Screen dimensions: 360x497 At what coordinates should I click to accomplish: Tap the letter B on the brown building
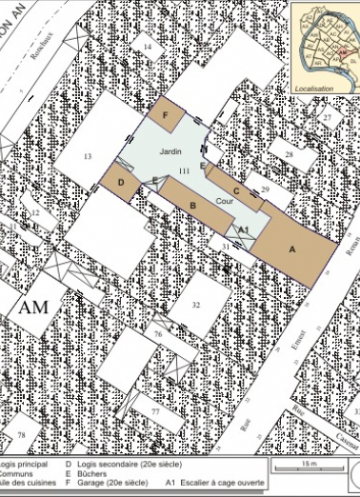192,205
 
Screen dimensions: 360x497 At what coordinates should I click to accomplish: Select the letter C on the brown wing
235,164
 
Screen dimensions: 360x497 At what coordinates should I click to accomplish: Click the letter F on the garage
166,115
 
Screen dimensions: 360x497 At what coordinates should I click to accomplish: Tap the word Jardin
170,151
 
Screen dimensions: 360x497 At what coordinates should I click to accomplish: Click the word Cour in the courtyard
224,202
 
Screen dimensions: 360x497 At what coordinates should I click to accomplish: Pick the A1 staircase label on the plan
243,229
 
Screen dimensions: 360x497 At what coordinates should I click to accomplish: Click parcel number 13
87,155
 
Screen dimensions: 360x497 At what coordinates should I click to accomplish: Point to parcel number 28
288,153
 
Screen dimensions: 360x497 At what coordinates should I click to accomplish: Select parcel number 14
148,46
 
